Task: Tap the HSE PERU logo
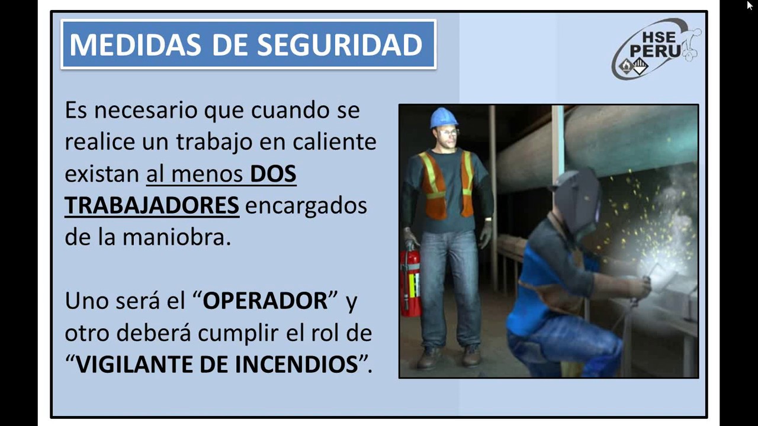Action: [x=655, y=49]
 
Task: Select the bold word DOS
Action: [x=272, y=174]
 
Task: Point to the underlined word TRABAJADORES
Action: [x=152, y=205]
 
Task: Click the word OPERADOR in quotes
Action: [x=265, y=301]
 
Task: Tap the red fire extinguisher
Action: [x=410, y=281]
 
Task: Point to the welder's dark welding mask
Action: [x=577, y=201]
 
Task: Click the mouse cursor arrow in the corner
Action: [x=750, y=5]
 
